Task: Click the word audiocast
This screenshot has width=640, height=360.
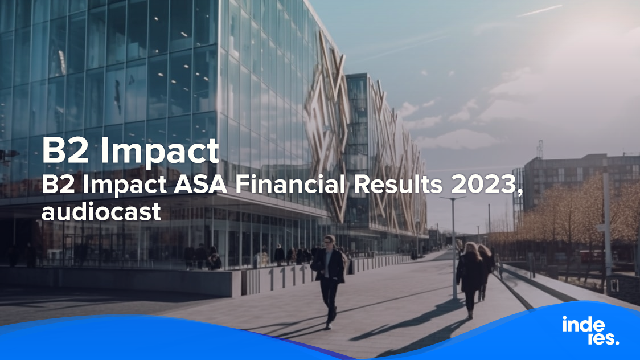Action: tap(101, 212)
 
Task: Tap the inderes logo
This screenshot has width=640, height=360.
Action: tap(590, 330)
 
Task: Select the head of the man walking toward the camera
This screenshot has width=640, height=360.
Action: tap(329, 240)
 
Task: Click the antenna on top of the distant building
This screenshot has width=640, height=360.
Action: tap(539, 149)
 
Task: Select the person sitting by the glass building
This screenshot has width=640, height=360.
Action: tap(215, 262)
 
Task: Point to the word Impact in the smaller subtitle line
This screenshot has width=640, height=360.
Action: tap(111, 186)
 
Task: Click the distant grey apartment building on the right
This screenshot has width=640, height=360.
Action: tap(575, 177)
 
